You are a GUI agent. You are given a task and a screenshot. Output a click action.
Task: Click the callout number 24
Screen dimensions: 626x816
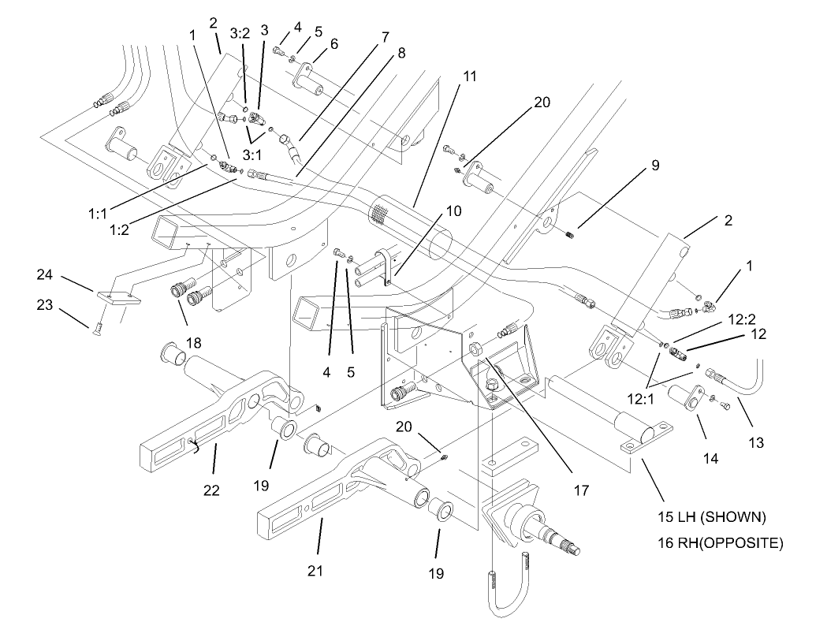[x=44, y=275]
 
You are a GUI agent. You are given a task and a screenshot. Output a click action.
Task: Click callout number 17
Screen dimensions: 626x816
[x=581, y=490]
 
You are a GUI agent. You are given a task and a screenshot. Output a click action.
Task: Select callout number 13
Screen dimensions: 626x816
[x=755, y=444]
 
